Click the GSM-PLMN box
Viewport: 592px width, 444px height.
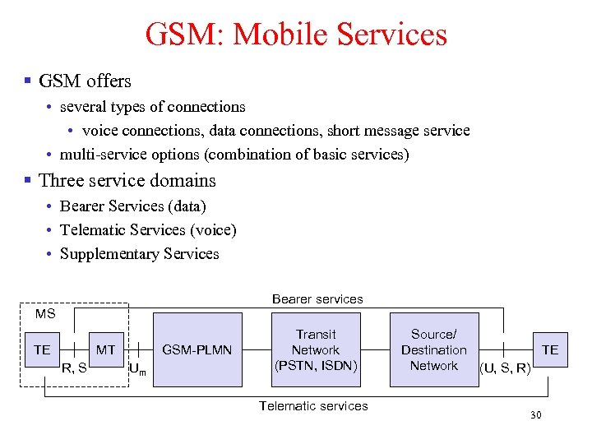[x=197, y=350]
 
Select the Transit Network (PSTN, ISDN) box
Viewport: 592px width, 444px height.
[x=316, y=350]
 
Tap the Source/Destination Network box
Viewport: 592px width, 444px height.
[x=433, y=350]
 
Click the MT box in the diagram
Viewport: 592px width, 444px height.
[x=106, y=350]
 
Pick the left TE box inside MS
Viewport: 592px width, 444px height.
[x=42, y=350]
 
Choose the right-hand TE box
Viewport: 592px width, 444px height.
[x=550, y=350]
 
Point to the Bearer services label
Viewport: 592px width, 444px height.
[x=317, y=299]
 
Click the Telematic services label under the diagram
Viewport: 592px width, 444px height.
[x=313, y=405]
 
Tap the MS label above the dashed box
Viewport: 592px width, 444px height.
[x=45, y=314]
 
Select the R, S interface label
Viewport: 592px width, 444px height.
[x=75, y=368]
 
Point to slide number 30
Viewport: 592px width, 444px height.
[x=536, y=417]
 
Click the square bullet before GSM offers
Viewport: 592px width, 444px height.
[x=27, y=81]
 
